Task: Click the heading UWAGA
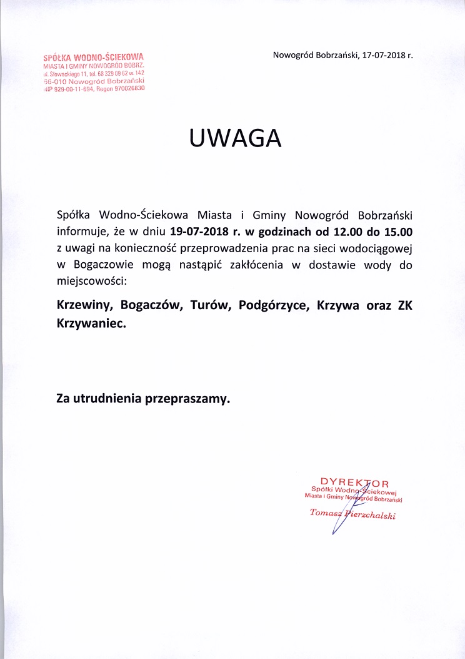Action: (x=236, y=138)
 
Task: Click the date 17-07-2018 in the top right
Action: (x=382, y=55)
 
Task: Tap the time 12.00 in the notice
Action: (x=342, y=232)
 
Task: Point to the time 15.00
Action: (x=397, y=232)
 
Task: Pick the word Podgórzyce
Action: (x=269, y=307)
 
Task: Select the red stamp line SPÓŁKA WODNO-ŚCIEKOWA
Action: (x=94, y=58)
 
